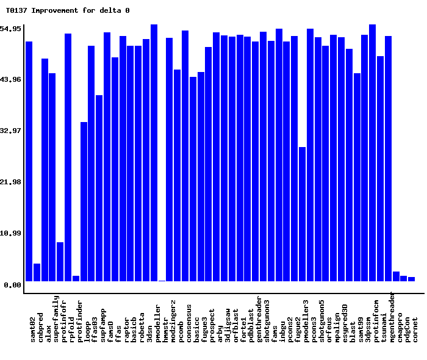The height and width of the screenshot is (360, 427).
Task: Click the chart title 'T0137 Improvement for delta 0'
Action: point(68,10)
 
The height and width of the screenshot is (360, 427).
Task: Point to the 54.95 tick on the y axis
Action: point(11,29)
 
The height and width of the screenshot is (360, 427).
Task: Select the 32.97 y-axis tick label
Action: point(11,131)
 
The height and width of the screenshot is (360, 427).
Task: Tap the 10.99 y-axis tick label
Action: point(11,234)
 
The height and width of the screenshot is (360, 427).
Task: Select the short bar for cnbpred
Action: point(37,272)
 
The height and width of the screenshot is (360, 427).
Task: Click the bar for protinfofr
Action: point(60,262)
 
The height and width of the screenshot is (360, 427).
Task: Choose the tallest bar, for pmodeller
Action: point(154,153)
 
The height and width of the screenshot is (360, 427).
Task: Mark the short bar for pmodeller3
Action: point(302,214)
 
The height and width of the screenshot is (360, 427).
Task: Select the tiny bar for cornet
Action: point(411,279)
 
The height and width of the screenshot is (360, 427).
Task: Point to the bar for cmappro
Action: point(396,276)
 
